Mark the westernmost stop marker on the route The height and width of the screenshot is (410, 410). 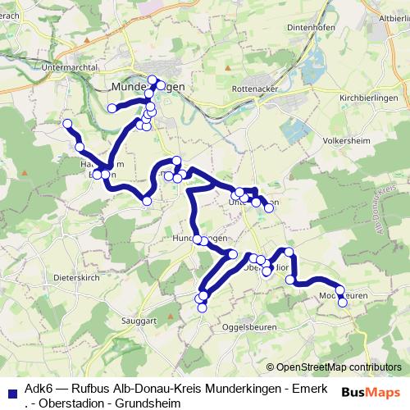[x=68, y=125]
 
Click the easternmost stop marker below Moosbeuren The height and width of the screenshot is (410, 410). [x=343, y=302]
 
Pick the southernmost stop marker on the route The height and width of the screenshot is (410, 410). [x=199, y=307]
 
